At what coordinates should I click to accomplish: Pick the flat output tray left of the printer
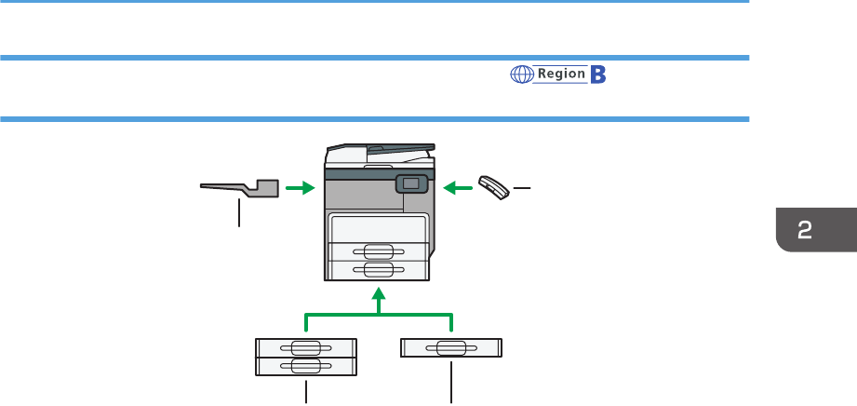pos(241,188)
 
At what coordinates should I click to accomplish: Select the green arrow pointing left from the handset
pos(457,188)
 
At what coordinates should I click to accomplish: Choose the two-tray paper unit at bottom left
pos(306,357)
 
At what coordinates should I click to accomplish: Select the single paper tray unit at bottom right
pos(450,347)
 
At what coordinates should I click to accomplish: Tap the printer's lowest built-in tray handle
pos(378,269)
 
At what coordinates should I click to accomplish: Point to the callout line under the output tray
pos(240,213)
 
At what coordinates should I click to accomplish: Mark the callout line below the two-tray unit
pos(306,390)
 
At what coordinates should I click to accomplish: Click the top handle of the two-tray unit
pos(306,347)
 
